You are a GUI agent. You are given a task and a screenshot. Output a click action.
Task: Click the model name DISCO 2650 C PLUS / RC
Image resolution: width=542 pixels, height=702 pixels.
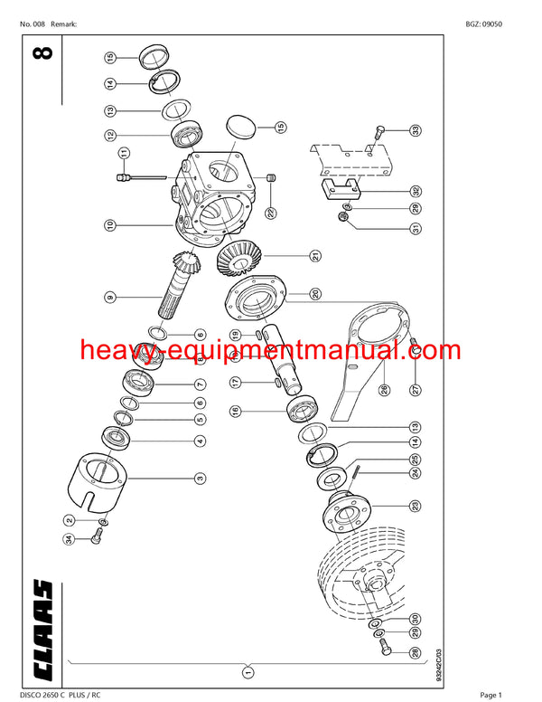(x=65, y=694)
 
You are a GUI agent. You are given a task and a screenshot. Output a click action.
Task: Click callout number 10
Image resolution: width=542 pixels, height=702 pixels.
(x=109, y=223)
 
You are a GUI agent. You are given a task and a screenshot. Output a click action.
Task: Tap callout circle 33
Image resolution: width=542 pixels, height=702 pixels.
(x=415, y=129)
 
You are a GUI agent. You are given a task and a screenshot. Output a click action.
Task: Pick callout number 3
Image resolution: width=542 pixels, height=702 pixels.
(x=200, y=477)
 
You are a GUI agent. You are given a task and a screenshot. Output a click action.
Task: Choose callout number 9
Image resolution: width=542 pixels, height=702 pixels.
(x=109, y=296)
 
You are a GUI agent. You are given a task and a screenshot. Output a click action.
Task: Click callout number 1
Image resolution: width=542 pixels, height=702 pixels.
(x=248, y=671)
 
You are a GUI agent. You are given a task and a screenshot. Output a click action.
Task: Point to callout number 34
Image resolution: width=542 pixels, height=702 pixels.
(x=68, y=540)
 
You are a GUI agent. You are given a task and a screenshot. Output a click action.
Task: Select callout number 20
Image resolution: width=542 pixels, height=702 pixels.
(x=314, y=294)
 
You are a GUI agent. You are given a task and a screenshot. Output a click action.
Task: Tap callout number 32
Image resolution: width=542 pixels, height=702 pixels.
(x=415, y=191)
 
